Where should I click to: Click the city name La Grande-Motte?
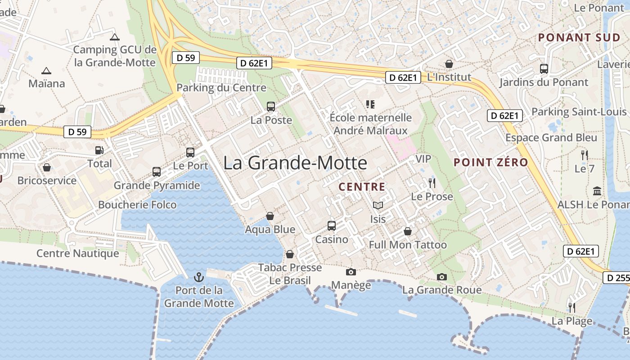click(295, 163)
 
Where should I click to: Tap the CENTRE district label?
click(362, 187)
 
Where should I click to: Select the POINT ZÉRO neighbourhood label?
click(490, 162)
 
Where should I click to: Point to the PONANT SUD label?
click(579, 37)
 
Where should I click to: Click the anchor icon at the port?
click(198, 277)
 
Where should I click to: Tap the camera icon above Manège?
click(351, 272)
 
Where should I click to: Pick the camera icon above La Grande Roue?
click(442, 277)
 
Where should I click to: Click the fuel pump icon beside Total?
click(99, 150)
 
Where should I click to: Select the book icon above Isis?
click(378, 206)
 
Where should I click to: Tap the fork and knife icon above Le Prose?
click(432, 183)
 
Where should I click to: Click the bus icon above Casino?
click(332, 226)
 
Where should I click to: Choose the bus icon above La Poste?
click(271, 107)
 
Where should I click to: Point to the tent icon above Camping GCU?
click(115, 37)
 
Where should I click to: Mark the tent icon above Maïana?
click(46, 71)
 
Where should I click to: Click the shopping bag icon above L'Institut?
click(449, 64)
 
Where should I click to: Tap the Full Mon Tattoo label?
click(408, 245)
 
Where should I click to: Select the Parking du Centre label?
click(221, 87)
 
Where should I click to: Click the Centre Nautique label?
click(78, 253)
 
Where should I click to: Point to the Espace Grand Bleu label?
click(551, 138)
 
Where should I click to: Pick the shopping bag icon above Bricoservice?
click(47, 168)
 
